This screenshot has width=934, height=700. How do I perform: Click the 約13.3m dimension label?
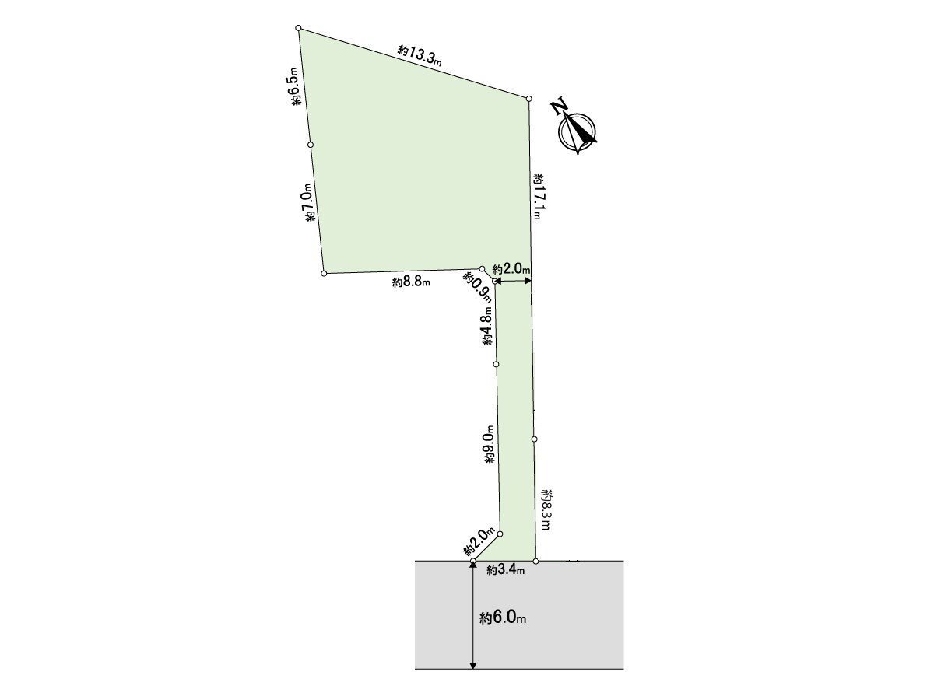click(x=420, y=56)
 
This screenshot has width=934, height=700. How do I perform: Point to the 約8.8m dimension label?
click(x=411, y=282)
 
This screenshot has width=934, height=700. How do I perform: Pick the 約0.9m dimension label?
click(x=476, y=289)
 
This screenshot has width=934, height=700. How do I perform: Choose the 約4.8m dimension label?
click(x=487, y=326)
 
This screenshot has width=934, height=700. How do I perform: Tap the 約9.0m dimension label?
click(x=490, y=444)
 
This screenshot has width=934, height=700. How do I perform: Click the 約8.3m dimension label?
click(x=547, y=509)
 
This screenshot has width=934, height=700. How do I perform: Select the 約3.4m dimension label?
click(x=505, y=570)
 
